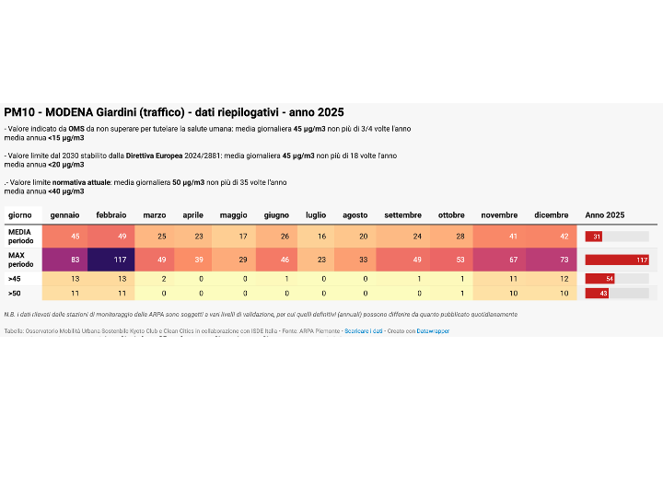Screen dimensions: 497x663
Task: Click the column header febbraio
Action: (x=111, y=214)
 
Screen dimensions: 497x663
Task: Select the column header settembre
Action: (x=403, y=214)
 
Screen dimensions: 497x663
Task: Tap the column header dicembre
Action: (x=551, y=214)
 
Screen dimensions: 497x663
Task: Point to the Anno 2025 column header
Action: (x=605, y=214)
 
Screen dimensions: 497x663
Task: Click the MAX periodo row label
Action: (x=21, y=260)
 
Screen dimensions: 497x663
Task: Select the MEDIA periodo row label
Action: (x=21, y=237)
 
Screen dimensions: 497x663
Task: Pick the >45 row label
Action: (x=14, y=278)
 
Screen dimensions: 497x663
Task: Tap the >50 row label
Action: (x=14, y=294)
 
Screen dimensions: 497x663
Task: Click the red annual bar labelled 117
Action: (x=617, y=260)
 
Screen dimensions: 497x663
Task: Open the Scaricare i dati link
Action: (x=364, y=329)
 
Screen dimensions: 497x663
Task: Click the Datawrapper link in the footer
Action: (x=433, y=329)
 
